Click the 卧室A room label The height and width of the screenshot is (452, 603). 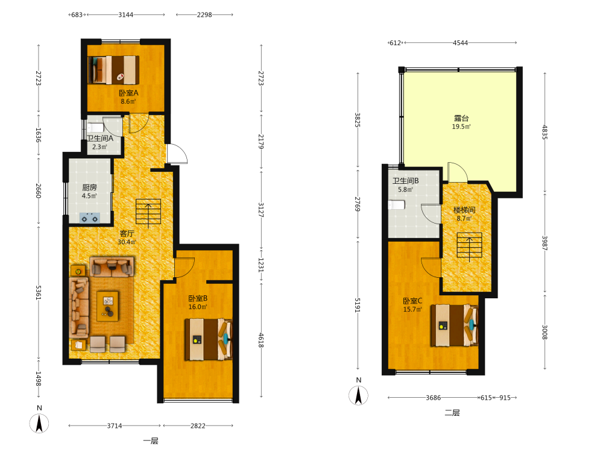point(128,93)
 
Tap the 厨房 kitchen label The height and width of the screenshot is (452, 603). point(90,187)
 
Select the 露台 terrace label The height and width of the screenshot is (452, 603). point(461,118)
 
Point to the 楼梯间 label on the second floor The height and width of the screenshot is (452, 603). point(464,210)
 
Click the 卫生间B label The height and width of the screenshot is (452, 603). point(405,181)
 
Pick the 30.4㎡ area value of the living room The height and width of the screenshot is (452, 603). point(127,242)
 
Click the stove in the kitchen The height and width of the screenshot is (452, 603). point(90,218)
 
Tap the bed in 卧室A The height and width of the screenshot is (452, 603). point(113,70)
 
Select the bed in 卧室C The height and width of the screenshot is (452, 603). point(454,325)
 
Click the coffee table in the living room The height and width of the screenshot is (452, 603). point(108,306)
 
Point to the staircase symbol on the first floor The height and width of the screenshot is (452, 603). point(148,212)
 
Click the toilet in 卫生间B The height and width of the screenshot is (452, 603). point(397,205)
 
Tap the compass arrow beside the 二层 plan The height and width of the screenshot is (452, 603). point(358,395)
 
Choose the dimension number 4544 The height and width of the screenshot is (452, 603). point(460,43)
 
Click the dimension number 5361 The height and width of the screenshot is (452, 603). point(39,293)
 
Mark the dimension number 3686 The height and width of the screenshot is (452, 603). point(433,398)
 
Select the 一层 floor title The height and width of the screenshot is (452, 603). point(151,441)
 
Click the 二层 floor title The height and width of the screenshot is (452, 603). point(452,413)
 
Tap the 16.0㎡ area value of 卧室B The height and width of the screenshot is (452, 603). point(198,307)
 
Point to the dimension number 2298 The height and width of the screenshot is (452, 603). point(204,14)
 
